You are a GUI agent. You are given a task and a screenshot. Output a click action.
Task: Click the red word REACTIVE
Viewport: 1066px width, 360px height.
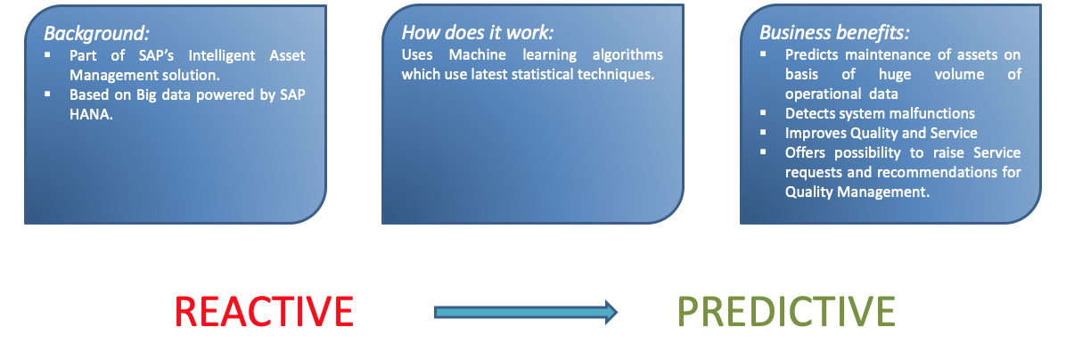[264, 312]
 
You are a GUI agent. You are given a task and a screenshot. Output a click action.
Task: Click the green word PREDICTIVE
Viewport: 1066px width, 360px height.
[786, 312]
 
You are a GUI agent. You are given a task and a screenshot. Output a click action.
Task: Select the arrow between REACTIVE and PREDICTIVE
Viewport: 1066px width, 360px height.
[526, 312]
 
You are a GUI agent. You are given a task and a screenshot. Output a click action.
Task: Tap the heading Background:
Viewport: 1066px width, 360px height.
[96, 33]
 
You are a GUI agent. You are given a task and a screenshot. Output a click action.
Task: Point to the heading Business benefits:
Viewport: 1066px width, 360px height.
[834, 33]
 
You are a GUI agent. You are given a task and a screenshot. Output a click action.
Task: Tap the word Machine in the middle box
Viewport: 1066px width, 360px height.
[474, 54]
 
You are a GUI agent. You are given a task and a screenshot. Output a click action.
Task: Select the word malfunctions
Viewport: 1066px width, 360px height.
[930, 113]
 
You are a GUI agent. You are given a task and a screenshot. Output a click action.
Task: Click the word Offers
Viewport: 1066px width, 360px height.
[804, 152]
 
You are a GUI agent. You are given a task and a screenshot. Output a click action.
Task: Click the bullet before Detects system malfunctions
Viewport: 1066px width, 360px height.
[764, 112]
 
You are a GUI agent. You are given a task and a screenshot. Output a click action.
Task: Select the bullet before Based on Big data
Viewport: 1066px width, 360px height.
[47, 93]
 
